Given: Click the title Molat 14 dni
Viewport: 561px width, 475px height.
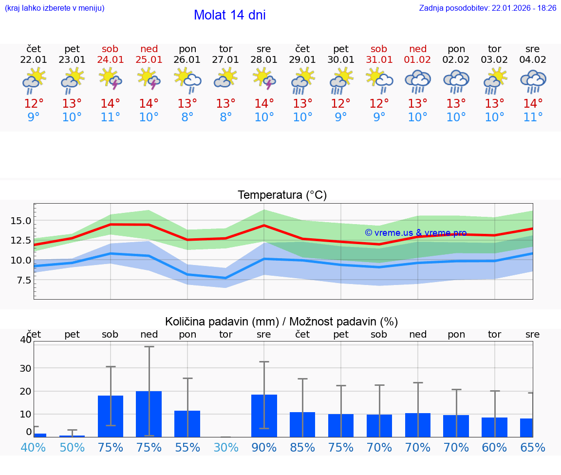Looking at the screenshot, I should [x=229, y=15].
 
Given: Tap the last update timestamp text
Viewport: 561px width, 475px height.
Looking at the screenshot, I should [x=487, y=8].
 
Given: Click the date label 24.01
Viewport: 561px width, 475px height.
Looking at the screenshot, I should [x=111, y=60].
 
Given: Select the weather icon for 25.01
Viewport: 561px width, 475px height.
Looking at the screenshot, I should [x=149, y=79].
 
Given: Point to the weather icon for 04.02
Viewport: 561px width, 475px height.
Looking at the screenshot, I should [x=533, y=80].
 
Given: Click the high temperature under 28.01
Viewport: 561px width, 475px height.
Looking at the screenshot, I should [x=264, y=104].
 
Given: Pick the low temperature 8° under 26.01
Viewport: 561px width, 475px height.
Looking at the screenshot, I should [x=187, y=117].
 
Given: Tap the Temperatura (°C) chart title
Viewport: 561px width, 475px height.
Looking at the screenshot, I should [x=282, y=195].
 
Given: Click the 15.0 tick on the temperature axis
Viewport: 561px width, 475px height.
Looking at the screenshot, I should [x=21, y=221].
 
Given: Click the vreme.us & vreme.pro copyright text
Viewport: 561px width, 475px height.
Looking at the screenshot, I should [x=415, y=233].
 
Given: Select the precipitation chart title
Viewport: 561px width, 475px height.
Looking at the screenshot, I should [x=281, y=322].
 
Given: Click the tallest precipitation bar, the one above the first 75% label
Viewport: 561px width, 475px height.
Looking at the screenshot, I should [x=111, y=416].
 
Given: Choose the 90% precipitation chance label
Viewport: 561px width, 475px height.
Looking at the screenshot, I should [x=264, y=448].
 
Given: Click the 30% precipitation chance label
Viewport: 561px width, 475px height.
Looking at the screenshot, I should [x=226, y=448].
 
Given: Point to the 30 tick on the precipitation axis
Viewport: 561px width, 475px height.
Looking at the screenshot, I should [x=25, y=368].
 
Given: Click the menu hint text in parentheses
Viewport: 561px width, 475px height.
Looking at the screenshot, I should [x=55, y=8].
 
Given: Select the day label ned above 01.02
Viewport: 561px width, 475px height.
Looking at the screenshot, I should [x=418, y=49].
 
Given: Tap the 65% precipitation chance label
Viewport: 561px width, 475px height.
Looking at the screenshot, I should [x=533, y=448].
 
